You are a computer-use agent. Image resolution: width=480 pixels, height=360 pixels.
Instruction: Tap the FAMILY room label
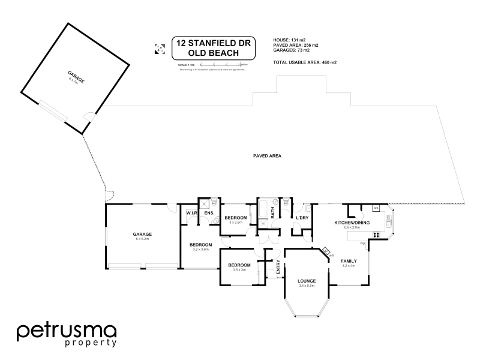(349, 261)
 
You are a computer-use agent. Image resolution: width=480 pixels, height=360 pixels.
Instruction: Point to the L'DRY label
(302, 217)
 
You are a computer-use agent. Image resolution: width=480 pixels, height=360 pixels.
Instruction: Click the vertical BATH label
(272, 212)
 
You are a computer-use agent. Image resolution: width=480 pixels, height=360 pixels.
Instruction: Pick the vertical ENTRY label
(278, 268)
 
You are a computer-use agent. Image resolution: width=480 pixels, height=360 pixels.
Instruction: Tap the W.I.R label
(192, 213)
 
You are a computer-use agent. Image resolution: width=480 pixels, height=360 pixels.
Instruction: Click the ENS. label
(209, 213)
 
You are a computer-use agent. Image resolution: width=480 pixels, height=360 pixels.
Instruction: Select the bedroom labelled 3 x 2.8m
(236, 217)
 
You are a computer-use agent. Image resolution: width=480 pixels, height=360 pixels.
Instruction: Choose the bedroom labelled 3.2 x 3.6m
(200, 245)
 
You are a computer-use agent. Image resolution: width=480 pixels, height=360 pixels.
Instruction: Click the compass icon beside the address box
(160, 49)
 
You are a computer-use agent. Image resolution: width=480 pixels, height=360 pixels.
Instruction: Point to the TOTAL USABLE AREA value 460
(326, 62)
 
